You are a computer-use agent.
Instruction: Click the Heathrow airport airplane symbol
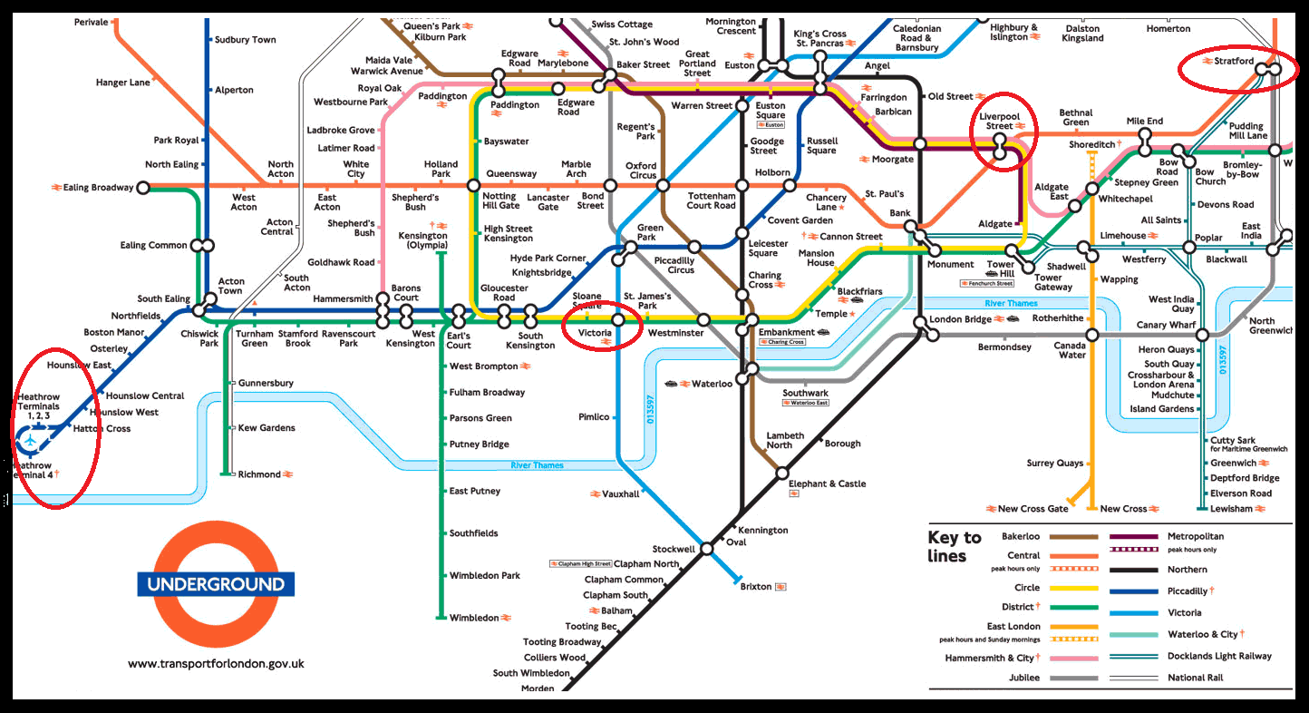[x=31, y=441]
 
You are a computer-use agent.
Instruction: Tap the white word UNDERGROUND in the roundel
[x=216, y=583]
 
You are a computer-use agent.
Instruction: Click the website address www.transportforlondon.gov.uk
[x=216, y=663]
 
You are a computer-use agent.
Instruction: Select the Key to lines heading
[x=954, y=546]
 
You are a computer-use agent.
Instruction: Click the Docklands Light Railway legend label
[x=1219, y=656]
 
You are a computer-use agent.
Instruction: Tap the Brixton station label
[x=756, y=587]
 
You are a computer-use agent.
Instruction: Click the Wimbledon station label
[x=474, y=618]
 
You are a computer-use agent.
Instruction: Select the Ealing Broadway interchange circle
[x=142, y=188]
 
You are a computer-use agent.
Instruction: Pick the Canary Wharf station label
[x=1167, y=326]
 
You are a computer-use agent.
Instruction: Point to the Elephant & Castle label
[x=827, y=484]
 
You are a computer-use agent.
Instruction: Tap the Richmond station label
[x=259, y=474]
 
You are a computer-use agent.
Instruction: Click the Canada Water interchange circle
[x=1092, y=335]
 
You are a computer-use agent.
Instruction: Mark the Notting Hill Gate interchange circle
[x=472, y=185]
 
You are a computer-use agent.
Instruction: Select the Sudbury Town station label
[x=245, y=40]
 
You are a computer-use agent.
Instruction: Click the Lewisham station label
[x=1231, y=509]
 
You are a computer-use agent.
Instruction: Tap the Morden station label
[x=537, y=689]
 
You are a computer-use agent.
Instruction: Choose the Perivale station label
[x=91, y=22]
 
